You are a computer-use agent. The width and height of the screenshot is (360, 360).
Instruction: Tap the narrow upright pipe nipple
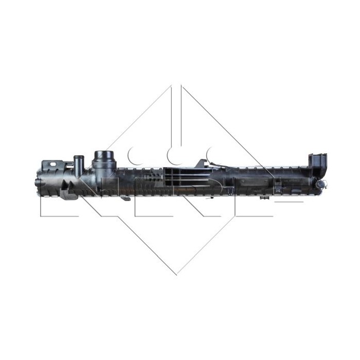[78, 164]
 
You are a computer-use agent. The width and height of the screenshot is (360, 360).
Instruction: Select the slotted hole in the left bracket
[53, 164]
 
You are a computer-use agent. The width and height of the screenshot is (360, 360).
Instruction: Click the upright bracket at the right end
[317, 164]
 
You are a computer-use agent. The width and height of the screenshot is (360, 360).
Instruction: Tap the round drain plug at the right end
[321, 184]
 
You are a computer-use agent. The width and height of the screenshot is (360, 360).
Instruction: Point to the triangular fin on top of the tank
[202, 164]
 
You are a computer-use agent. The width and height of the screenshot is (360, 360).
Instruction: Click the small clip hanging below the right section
[265, 196]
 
